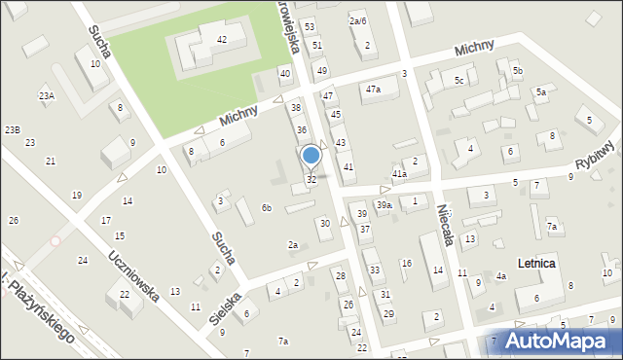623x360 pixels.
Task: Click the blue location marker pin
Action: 311,156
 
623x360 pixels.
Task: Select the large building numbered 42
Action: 221,40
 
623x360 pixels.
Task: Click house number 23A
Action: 46,95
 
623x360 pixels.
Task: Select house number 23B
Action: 12,129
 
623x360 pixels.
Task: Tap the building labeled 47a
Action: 373,90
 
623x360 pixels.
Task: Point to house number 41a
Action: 399,174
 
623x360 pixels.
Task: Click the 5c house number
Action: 458,81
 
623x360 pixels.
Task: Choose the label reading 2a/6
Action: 357,20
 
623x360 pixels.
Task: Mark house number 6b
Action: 266,208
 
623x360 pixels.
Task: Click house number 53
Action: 310,26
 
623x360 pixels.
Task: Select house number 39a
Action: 385,204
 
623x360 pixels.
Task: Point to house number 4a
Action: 501,276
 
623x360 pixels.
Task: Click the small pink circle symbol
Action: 55,240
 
